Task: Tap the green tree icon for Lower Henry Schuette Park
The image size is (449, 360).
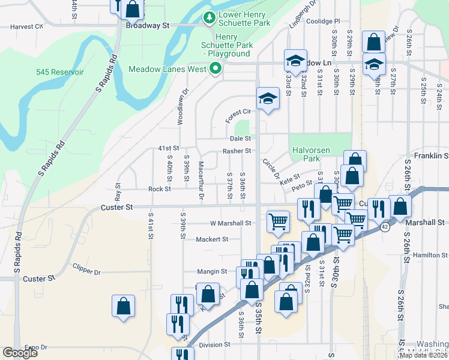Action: coord(209,18)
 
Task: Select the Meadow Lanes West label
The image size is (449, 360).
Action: coord(168,69)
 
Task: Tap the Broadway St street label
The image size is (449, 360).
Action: coord(148,26)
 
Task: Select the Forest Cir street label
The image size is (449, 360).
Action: coord(238,112)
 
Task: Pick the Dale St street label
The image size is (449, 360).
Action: coord(240,138)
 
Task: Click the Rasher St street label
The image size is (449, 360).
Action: coord(237,151)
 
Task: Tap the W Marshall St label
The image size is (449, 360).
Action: coord(231,223)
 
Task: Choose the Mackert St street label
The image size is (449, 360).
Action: coord(212,239)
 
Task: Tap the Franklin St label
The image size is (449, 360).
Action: coord(427,155)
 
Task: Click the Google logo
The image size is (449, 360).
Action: coord(20,353)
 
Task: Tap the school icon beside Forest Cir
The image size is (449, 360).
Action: coord(268,98)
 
